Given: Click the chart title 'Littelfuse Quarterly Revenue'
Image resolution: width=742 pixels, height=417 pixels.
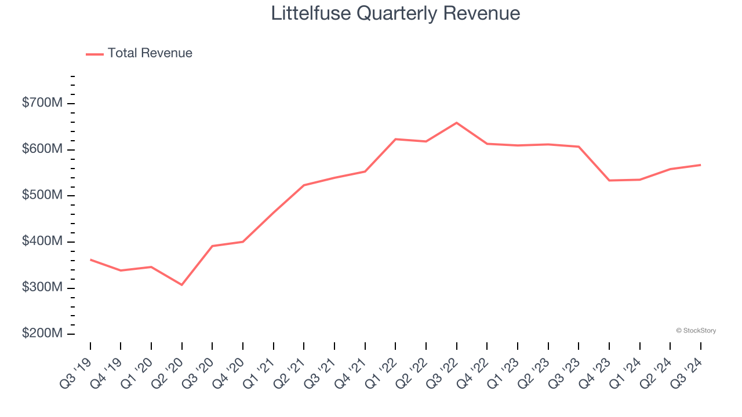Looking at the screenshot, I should pos(395,13).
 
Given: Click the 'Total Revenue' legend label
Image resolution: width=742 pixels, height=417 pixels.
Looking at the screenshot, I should pos(150,53).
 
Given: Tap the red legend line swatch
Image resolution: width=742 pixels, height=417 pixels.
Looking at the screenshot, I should pos(94,54).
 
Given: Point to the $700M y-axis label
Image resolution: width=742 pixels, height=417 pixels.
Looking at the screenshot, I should pos(42,103).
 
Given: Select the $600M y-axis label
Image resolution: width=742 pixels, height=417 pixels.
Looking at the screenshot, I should pos(42,149).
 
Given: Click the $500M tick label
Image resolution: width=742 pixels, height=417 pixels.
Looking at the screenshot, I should pos(42,196).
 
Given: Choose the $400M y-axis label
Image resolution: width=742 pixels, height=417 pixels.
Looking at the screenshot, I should pos(42,242).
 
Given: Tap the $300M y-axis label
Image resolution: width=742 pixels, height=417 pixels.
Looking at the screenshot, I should pos(42,288).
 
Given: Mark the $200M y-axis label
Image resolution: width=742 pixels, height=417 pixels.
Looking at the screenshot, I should pos(42,334).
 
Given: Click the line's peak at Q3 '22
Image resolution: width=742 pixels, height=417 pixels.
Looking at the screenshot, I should pos(457,123).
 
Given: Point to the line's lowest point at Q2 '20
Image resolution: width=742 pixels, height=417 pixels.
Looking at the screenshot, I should pos(182,285).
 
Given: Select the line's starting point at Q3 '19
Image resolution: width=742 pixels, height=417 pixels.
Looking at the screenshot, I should pos(90,259).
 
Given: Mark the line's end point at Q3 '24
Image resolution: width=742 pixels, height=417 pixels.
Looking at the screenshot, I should pos(701,165).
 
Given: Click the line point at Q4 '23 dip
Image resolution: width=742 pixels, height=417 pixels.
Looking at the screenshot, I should pos(609,180).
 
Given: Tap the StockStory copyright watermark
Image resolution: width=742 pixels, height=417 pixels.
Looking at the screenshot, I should pos(696,331).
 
